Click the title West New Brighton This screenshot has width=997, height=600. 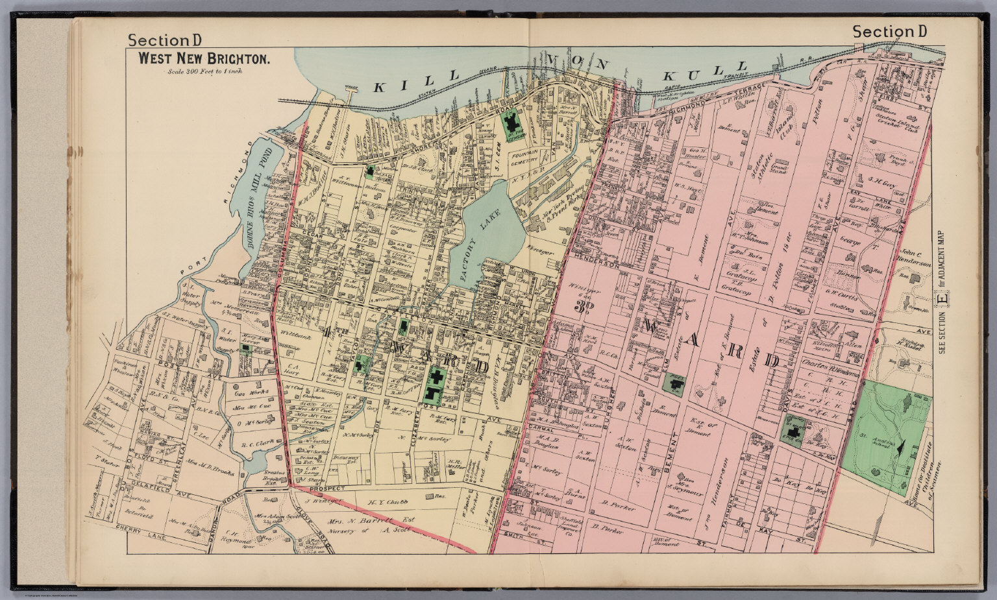(x=203, y=58)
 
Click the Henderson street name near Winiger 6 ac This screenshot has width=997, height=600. (x=596, y=265)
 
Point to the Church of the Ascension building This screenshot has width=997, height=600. (x=514, y=123)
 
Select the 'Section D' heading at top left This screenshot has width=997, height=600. (x=165, y=40)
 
